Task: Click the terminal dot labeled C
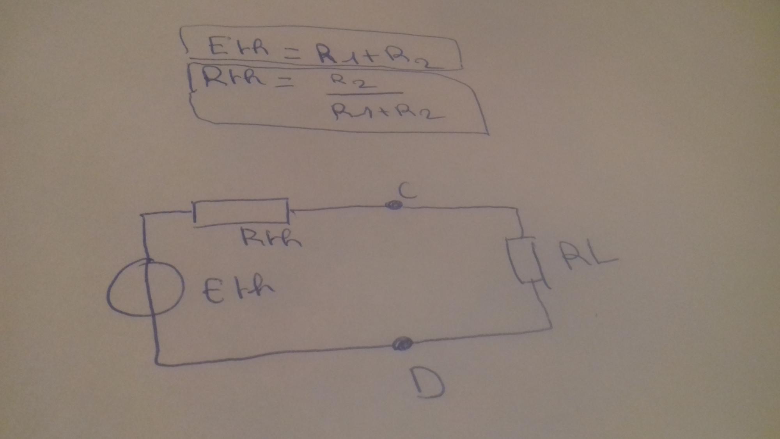coord(393,205)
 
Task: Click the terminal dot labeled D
coord(402,344)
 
